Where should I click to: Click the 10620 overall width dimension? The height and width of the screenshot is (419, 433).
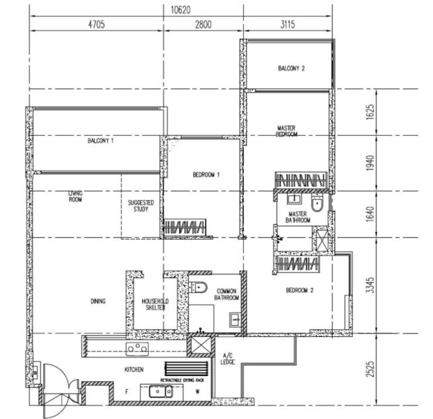coord(181,10)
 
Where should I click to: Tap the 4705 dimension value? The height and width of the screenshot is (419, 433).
coord(96,24)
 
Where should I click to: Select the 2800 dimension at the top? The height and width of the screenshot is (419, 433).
coord(204,24)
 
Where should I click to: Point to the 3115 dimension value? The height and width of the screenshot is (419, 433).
coord(288,24)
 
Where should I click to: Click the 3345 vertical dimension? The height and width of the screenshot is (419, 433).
coord(370,285)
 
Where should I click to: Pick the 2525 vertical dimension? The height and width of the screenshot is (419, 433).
coord(370,369)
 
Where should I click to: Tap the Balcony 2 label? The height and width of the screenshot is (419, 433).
coord(291,68)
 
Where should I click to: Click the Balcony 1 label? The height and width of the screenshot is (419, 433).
coord(101,141)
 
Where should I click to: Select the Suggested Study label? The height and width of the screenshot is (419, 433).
coord(141,206)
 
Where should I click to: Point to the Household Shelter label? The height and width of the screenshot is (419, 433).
coord(155,304)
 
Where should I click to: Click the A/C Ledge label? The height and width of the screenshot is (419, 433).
coord(227,358)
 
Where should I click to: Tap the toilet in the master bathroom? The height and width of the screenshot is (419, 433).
coord(317,202)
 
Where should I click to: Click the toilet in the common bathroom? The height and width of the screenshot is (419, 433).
coord(198,287)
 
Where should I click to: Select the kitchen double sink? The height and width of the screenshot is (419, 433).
coord(161,391)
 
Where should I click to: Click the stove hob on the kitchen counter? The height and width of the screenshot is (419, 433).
coord(137,349)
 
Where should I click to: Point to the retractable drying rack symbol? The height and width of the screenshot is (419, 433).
coord(186,369)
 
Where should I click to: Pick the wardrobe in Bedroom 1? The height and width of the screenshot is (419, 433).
coord(185,227)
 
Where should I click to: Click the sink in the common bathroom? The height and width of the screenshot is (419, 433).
coord(235,320)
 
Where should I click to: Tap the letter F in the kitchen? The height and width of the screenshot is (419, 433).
coord(127,391)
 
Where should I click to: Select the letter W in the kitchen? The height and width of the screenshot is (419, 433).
coord(198,391)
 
